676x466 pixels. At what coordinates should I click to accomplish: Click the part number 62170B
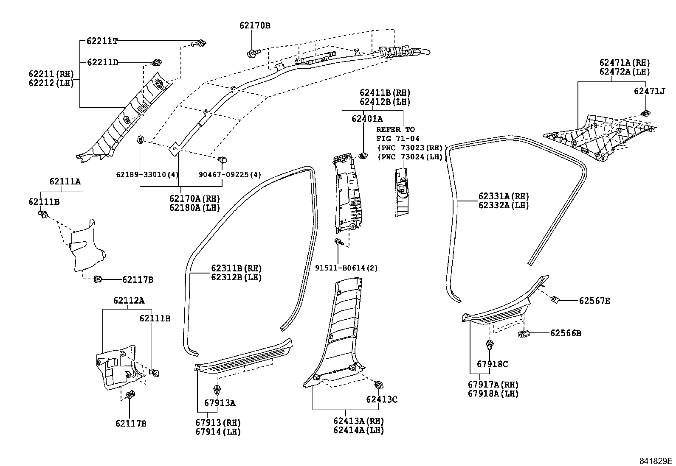[255, 25]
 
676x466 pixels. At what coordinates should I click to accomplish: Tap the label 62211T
[102, 41]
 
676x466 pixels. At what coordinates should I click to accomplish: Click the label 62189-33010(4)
[147, 175]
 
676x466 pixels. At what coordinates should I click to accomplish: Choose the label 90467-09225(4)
[230, 175]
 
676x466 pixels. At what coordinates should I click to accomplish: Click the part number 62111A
[65, 181]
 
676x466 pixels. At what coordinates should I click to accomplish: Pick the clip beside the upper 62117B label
[97, 279]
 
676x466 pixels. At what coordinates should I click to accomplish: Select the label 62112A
[129, 301]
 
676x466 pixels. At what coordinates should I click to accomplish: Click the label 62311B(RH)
[237, 268]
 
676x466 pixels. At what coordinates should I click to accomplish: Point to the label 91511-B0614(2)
[346, 268]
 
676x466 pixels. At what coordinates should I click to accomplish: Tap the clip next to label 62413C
[378, 385]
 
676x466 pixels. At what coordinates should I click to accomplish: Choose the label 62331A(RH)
[504, 196]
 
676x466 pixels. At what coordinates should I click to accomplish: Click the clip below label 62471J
[645, 113]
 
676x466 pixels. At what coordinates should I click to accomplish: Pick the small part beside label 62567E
[555, 300]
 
